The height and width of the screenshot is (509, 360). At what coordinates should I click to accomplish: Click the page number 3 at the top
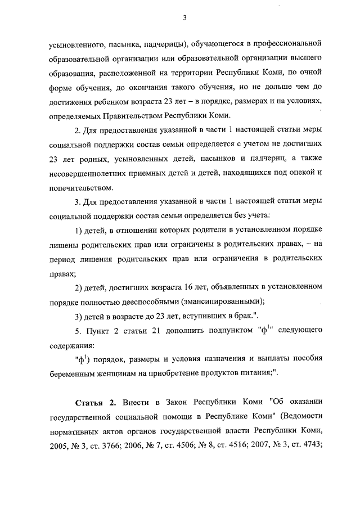click(184, 17)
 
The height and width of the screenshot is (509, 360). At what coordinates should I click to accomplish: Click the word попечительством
click(78, 188)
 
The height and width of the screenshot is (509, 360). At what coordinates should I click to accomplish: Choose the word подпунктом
click(231, 330)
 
